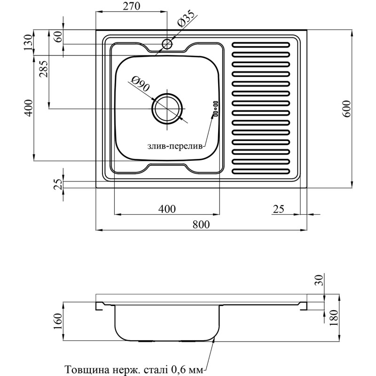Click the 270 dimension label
(131, 7)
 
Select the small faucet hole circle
(167, 44)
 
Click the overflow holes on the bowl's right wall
(216, 108)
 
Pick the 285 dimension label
(43, 70)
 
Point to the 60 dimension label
(58, 37)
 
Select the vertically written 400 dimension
(28, 108)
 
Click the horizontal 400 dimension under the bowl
(166, 209)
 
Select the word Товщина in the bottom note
(82, 369)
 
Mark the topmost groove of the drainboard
(262, 45)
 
